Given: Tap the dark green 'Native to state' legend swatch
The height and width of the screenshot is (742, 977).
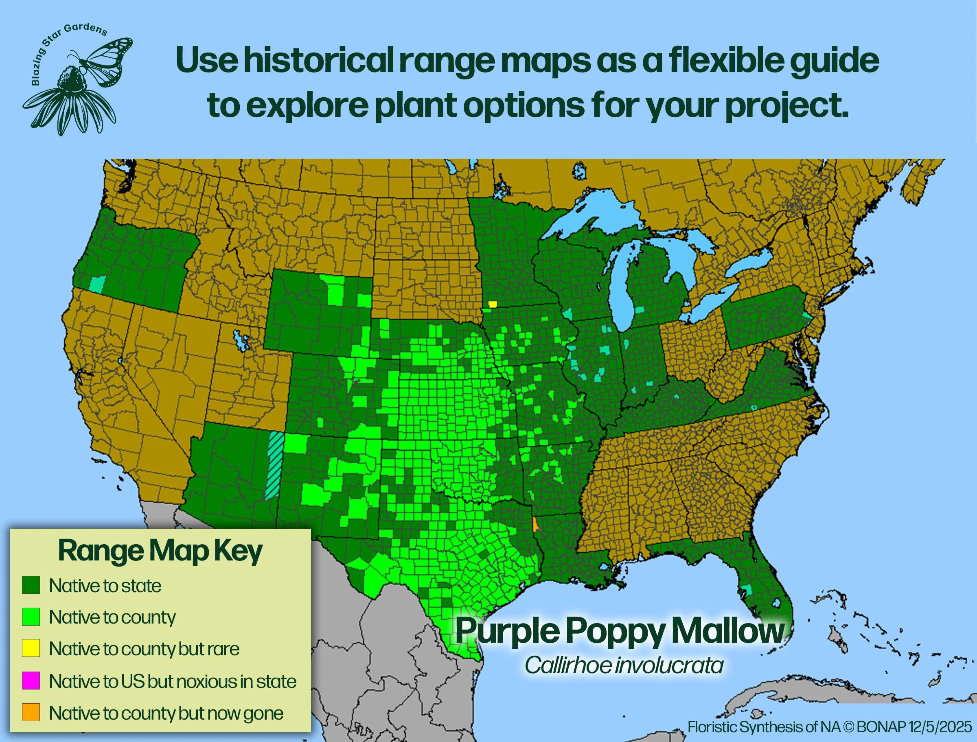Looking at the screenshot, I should (x=31, y=585).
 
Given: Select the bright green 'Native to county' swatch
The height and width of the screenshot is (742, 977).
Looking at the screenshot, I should (x=31, y=617).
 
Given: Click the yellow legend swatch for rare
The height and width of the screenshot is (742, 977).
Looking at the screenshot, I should (x=31, y=648).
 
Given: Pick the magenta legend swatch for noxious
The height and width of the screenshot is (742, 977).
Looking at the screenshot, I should (x=31, y=680).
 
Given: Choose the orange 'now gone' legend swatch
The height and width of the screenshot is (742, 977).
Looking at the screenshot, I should (x=31, y=712).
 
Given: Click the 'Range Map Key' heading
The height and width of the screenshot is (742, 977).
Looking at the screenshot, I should (x=160, y=551).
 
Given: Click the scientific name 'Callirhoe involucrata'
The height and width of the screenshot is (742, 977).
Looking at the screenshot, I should (x=624, y=665).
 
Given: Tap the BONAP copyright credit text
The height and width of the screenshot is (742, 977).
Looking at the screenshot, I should (x=830, y=727).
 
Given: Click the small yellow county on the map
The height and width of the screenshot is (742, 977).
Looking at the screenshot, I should (x=493, y=304).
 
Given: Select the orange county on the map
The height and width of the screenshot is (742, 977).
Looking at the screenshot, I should (x=536, y=525).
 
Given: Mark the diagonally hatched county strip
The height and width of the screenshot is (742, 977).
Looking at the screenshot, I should (x=275, y=466).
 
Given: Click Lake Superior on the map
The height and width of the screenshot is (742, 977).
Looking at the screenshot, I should (x=592, y=217).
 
